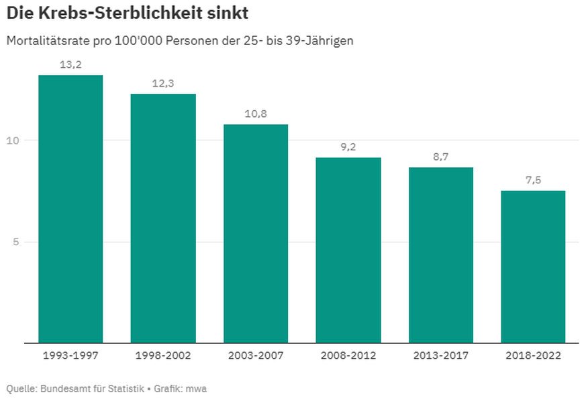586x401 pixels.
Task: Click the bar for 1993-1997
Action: [x=70, y=209]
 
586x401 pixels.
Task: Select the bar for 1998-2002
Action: [x=163, y=218]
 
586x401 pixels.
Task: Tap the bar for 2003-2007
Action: [x=256, y=234]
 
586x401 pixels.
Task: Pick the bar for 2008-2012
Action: [x=348, y=250]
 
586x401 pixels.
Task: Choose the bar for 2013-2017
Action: [x=441, y=255]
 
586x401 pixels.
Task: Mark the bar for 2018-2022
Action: [x=533, y=267]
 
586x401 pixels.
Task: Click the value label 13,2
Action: [x=70, y=65]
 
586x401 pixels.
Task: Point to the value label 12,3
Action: [x=163, y=84]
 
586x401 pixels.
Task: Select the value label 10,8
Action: [x=256, y=114]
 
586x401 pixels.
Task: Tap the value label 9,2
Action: [x=348, y=147]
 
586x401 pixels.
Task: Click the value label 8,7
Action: [x=441, y=157]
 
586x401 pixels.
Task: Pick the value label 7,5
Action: [x=533, y=181]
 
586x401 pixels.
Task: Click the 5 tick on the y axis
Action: [x=15, y=242]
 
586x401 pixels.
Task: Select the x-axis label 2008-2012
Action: [x=348, y=355]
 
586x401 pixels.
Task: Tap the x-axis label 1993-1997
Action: [x=70, y=355]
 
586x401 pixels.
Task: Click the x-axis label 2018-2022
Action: [x=533, y=355]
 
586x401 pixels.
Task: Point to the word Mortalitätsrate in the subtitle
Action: [x=44, y=41]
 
